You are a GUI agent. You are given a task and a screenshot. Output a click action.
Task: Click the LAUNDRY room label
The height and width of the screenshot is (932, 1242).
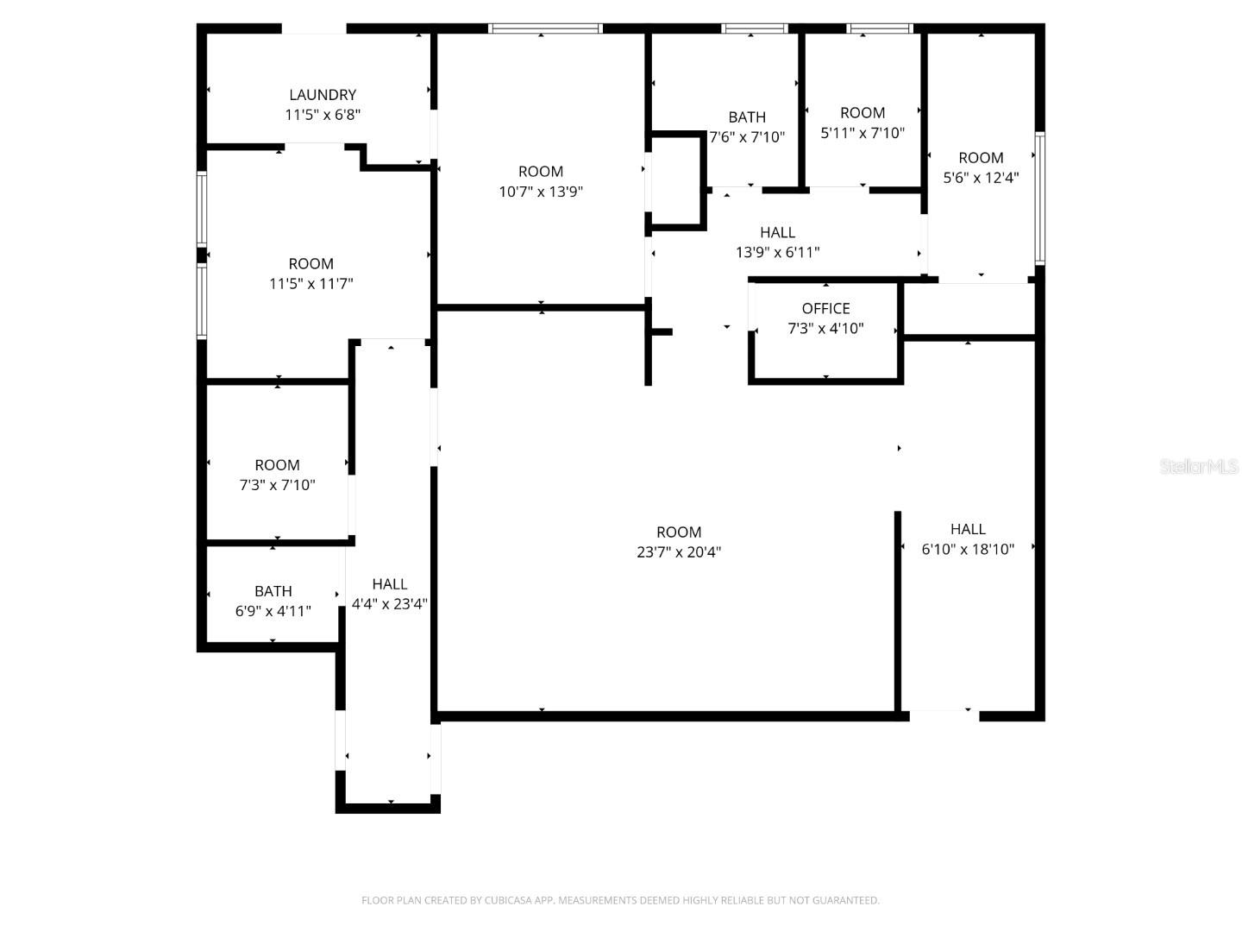click(x=323, y=95)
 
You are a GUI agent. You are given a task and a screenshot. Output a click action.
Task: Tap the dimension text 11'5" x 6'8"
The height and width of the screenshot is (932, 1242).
click(x=323, y=115)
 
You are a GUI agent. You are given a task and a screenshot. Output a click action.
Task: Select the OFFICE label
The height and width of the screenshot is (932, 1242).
click(x=825, y=308)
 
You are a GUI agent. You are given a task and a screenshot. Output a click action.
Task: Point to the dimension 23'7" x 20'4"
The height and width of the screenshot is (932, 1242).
click(x=679, y=552)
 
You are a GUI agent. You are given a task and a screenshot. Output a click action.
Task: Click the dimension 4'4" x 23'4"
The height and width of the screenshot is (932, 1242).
click(x=390, y=604)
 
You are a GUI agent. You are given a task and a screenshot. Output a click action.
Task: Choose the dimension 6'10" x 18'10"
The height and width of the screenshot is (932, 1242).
click(x=968, y=549)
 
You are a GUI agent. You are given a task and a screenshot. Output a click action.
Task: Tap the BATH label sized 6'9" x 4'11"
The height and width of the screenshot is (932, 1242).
click(x=273, y=591)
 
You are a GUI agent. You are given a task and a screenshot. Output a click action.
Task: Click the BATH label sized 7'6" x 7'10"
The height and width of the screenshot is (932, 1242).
click(x=747, y=117)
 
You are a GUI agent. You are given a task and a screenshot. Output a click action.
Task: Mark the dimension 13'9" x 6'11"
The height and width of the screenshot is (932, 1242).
click(x=777, y=253)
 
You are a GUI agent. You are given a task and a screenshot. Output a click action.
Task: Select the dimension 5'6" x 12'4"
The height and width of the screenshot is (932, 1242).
click(x=981, y=178)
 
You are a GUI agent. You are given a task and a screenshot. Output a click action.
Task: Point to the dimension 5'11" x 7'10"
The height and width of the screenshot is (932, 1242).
click(x=862, y=133)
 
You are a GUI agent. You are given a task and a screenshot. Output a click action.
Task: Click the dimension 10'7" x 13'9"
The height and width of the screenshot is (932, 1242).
click(x=541, y=192)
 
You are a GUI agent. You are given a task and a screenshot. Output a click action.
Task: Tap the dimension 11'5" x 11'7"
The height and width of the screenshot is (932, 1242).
click(x=311, y=284)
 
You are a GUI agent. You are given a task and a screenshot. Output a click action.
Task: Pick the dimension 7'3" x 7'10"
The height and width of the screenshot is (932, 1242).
click(x=277, y=485)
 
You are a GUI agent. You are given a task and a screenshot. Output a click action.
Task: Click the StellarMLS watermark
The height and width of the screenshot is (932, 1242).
click(x=1199, y=467)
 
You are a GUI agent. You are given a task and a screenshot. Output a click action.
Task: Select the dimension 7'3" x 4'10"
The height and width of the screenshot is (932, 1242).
click(x=825, y=328)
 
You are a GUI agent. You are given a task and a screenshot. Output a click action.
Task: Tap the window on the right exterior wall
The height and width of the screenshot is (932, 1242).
click(x=1040, y=198)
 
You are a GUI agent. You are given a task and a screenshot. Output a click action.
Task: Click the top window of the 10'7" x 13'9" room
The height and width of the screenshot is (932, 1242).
click(x=545, y=28)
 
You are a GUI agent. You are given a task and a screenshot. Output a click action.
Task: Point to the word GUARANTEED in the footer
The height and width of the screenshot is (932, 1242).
click(x=844, y=900)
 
